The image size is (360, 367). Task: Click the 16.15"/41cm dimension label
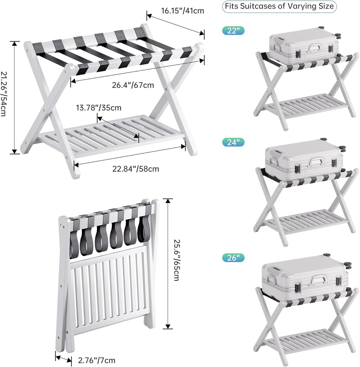pyautogui.click(x=182, y=11)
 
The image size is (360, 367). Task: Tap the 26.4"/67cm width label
pyautogui.click(x=133, y=85)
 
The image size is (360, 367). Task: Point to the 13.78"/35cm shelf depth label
pyautogui.click(x=99, y=108)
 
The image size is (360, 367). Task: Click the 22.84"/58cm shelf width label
pyautogui.click(x=136, y=169)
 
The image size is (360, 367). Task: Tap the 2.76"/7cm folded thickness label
pyautogui.click(x=96, y=360)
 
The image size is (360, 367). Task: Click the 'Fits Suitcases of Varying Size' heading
pyautogui.click(x=279, y=6)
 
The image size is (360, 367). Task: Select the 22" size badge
pyautogui.click(x=233, y=31)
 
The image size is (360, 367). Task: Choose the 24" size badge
pyautogui.click(x=233, y=142)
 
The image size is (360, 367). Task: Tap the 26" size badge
pyautogui.click(x=233, y=258)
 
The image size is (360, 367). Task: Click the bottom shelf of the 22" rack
pyautogui.click(x=305, y=105)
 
